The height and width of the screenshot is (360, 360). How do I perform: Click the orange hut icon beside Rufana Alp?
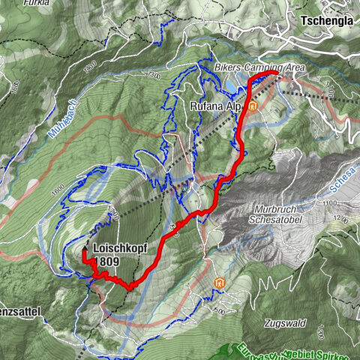click(x=253, y=106)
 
